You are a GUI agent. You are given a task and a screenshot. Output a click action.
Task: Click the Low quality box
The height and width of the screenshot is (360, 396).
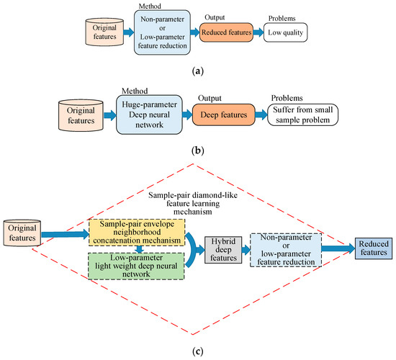coord(285,32)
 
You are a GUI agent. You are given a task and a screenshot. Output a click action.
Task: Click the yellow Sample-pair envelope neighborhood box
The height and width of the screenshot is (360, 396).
coord(138,233)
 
